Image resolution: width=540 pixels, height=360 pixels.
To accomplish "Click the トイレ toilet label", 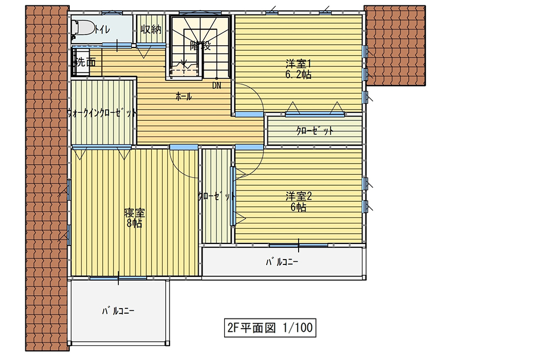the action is pyautogui.click(x=103, y=30).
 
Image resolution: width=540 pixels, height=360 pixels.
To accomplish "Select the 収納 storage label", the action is pyautogui.click(x=151, y=29).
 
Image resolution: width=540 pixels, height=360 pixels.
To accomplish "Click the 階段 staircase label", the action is pyautogui.click(x=200, y=45).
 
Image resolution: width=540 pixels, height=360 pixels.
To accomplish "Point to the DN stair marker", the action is pyautogui.click(x=217, y=85).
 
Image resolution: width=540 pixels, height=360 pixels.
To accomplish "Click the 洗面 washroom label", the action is pyautogui.click(x=85, y=62).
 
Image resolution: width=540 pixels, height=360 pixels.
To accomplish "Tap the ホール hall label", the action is pyautogui.click(x=184, y=97).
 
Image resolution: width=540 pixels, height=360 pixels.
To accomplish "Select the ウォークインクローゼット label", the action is pyautogui.click(x=102, y=113).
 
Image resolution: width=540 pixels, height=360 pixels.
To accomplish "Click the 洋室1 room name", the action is pyautogui.click(x=298, y=64).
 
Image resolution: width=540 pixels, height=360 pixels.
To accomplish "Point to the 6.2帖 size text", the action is pyautogui.click(x=298, y=74).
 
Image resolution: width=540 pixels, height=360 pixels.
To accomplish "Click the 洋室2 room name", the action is pyautogui.click(x=299, y=196).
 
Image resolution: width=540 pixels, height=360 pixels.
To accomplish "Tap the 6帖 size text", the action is pyautogui.click(x=298, y=207).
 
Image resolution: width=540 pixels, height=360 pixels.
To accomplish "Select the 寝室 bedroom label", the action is pyautogui.click(x=134, y=213).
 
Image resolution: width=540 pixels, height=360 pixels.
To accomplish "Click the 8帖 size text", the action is pyautogui.click(x=134, y=223).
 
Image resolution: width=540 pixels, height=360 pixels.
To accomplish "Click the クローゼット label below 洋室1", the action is pyautogui.click(x=315, y=131).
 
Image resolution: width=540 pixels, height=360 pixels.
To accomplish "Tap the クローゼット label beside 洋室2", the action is pyautogui.click(x=217, y=196).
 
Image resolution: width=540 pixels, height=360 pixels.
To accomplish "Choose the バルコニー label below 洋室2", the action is pyautogui.click(x=282, y=262).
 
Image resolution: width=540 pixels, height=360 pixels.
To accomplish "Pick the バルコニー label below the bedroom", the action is pyautogui.click(x=118, y=311).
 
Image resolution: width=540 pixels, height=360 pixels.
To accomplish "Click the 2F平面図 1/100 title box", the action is pyautogui.click(x=270, y=328).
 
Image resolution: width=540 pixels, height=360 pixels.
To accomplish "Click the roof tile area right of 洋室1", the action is pyautogui.click(x=395, y=45).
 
